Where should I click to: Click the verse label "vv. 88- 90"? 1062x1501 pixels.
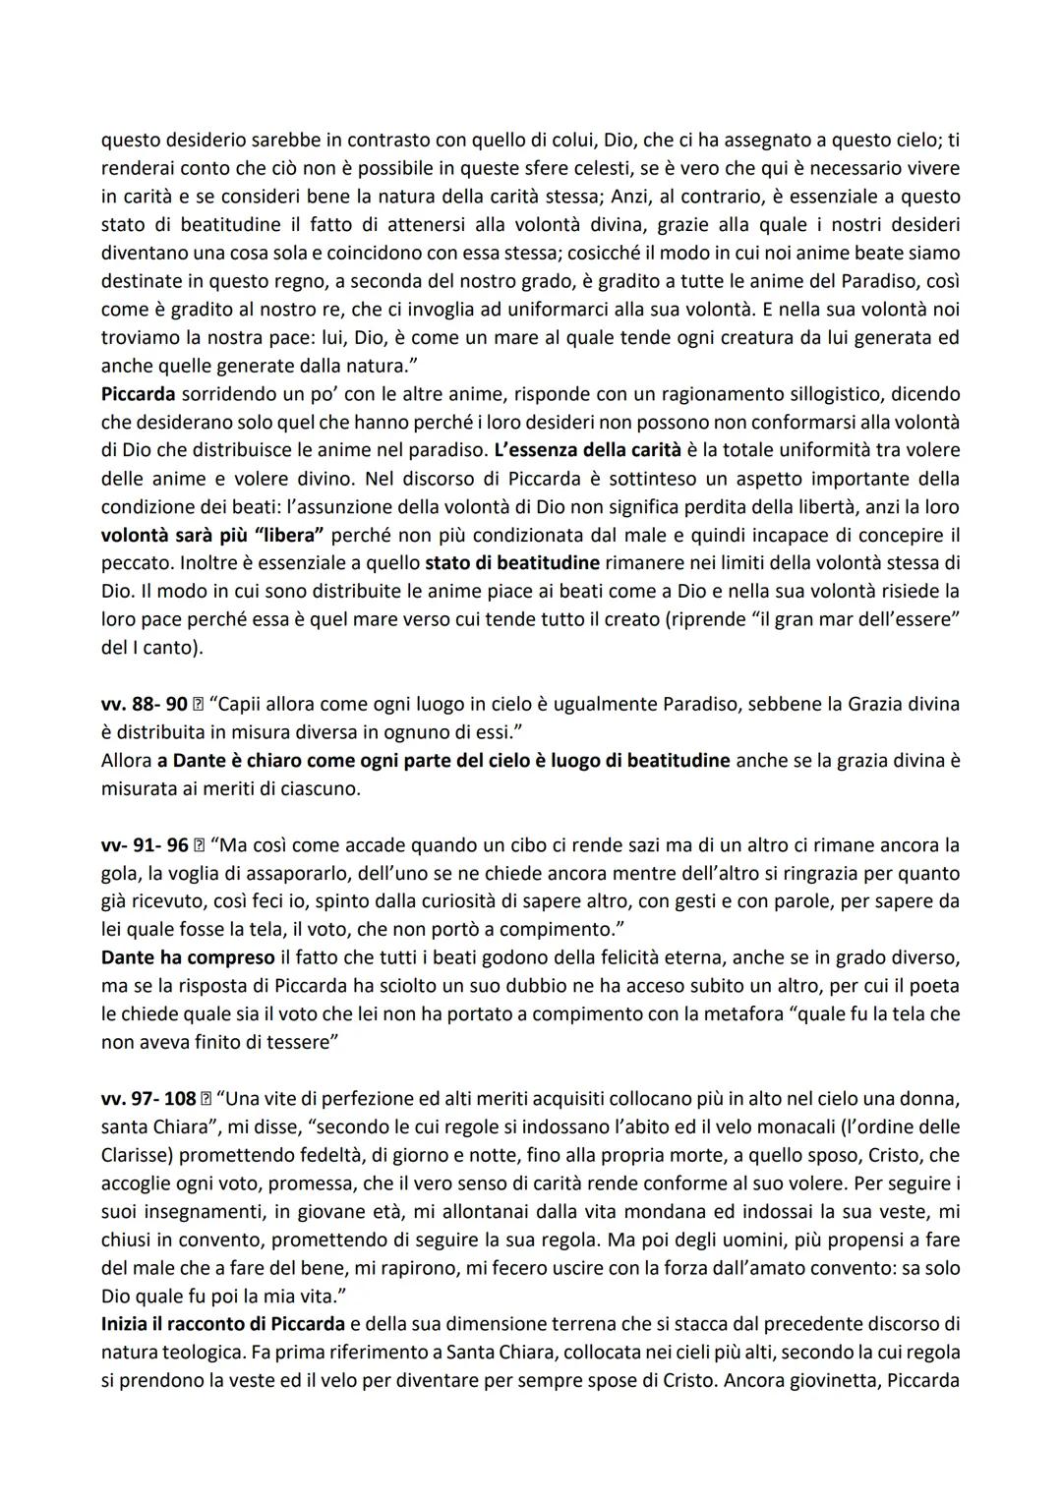[x=144, y=704]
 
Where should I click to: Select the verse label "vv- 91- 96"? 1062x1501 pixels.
[x=145, y=845]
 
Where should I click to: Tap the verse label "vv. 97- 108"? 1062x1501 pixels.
[x=148, y=1098]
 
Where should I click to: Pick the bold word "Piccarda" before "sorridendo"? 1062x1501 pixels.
[x=138, y=394]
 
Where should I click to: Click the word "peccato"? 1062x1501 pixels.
[x=135, y=563]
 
